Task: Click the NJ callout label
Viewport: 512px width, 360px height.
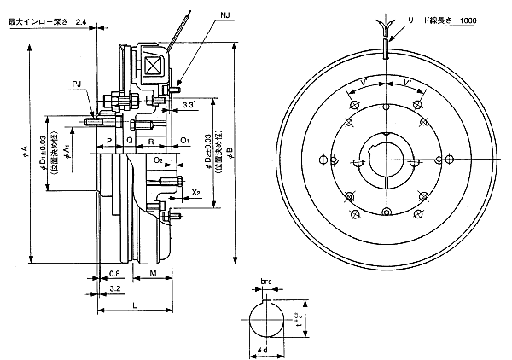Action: pyautogui.click(x=224, y=16)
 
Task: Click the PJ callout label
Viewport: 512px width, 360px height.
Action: pyautogui.click(x=77, y=84)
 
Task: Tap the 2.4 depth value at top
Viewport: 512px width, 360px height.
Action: pyautogui.click(x=80, y=18)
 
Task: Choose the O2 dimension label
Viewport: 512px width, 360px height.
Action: pyautogui.click(x=159, y=160)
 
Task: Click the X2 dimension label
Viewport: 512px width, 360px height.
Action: pyautogui.click(x=196, y=193)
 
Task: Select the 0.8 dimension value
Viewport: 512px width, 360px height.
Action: pyautogui.click(x=114, y=274)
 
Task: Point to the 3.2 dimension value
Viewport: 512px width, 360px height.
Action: pyautogui.click(x=114, y=290)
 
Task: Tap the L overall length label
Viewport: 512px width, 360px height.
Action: pyautogui.click(x=134, y=305)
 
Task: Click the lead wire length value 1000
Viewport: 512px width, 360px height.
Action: pyautogui.click(x=468, y=20)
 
